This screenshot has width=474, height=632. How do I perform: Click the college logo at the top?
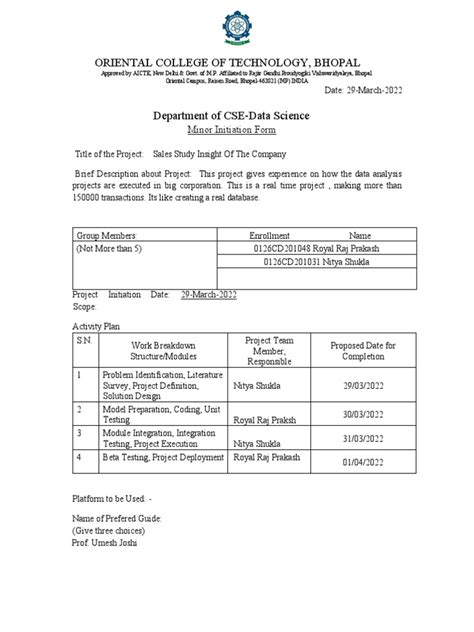click(237, 21)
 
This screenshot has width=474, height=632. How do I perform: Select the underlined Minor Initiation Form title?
click(236, 131)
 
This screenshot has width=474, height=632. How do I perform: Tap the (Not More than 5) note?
click(111, 247)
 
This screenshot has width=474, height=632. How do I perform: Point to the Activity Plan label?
click(97, 326)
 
